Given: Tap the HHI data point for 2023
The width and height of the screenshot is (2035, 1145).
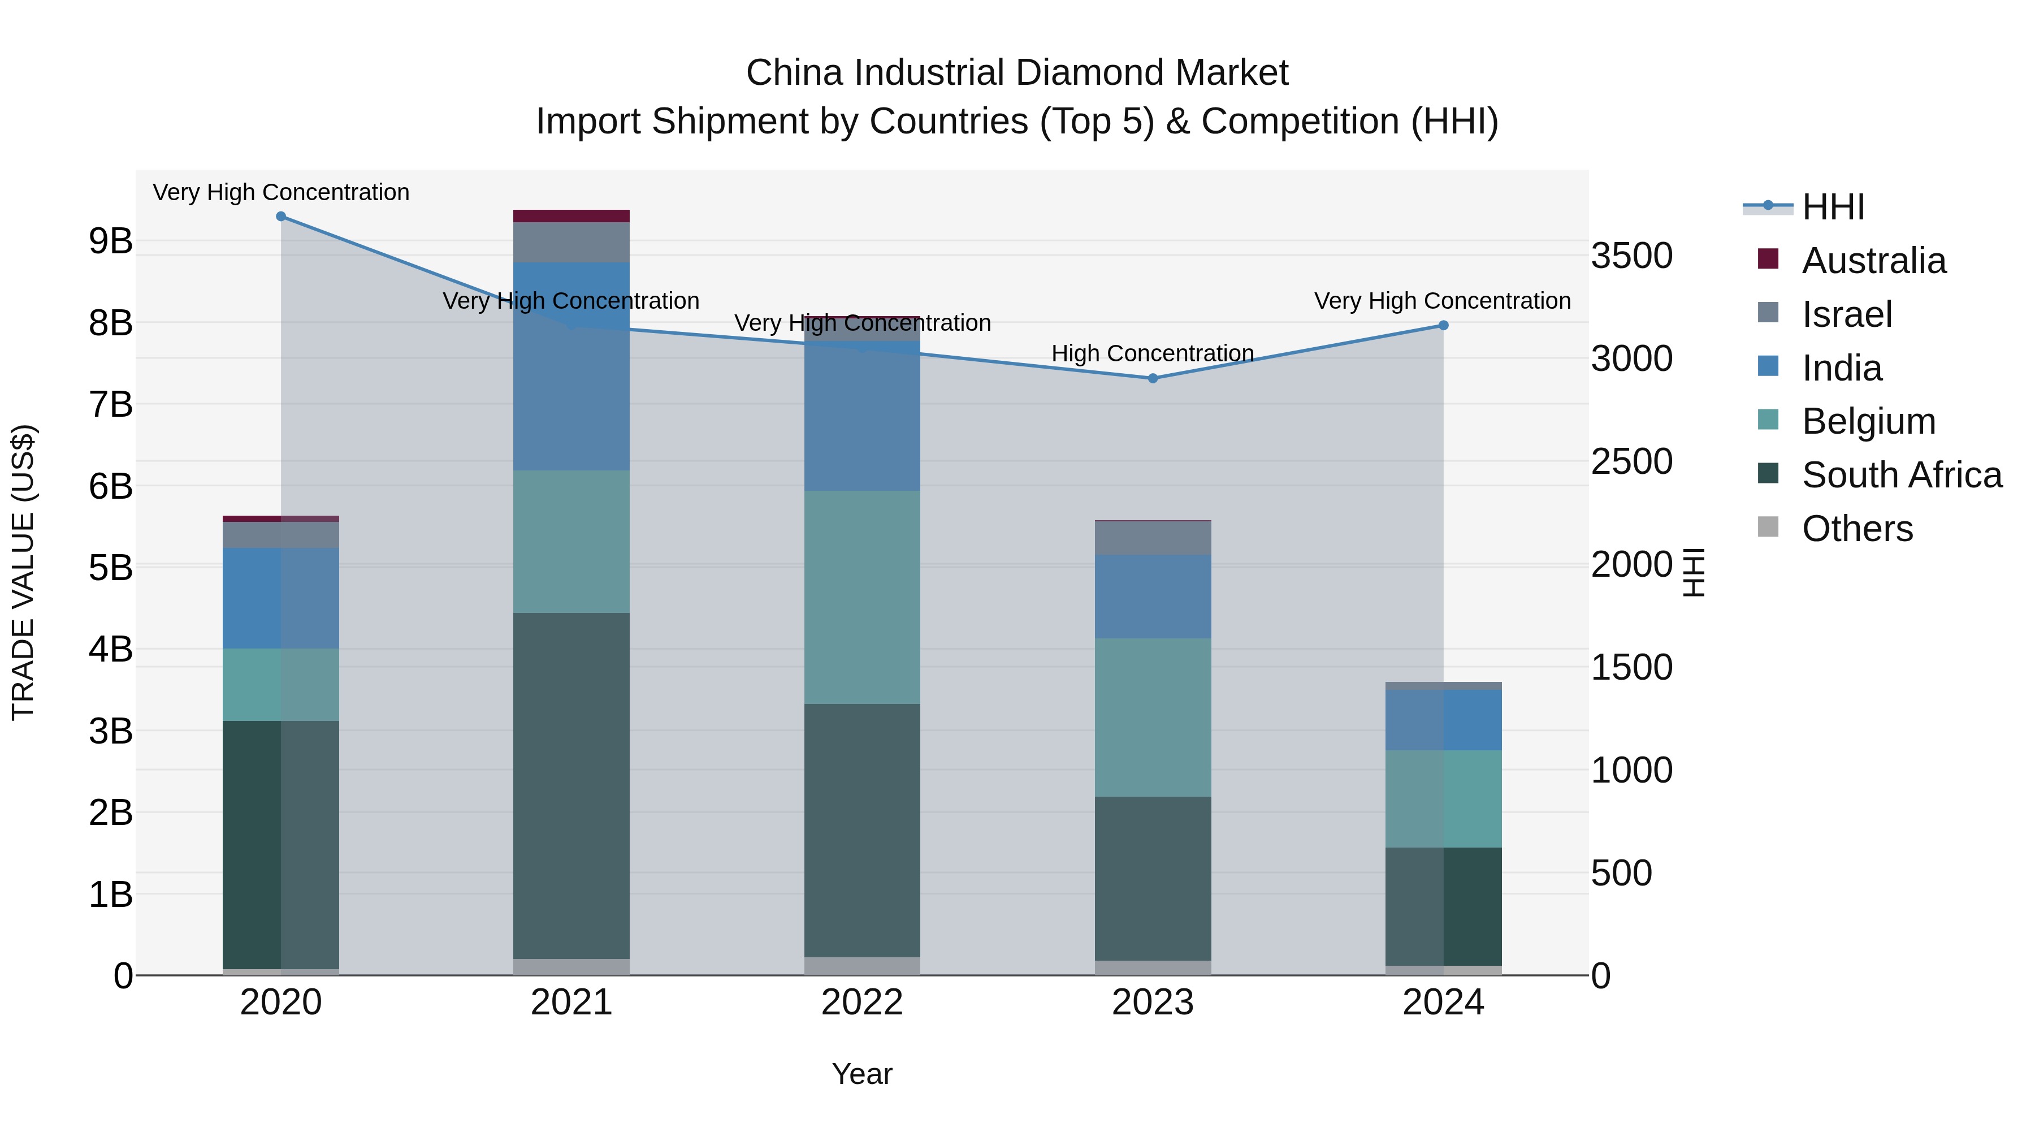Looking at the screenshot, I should [1153, 378].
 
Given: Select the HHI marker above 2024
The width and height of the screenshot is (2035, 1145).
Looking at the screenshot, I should [1443, 326].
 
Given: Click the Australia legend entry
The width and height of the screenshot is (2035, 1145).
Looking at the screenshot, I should [1873, 261].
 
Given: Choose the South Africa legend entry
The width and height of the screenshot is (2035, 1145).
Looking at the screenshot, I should [1902, 475].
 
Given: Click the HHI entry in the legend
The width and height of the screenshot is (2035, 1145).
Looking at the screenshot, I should [1833, 207].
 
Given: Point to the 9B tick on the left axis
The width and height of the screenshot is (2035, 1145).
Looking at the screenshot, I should [111, 241].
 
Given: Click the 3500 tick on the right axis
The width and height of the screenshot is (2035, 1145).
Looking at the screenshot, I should [1631, 256].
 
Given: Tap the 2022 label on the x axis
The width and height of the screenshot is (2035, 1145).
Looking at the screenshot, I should [862, 1003].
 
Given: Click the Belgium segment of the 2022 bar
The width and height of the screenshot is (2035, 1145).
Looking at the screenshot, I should [862, 598].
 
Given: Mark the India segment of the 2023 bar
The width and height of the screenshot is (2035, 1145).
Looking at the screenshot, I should [1153, 597].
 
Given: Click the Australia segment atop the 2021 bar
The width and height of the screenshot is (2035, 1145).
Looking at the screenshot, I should [571, 216].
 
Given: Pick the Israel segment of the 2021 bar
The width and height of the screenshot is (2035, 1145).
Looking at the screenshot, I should [571, 243].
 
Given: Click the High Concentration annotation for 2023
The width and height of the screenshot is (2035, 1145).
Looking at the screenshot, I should [1153, 353].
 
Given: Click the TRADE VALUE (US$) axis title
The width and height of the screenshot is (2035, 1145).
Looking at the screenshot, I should [23, 572].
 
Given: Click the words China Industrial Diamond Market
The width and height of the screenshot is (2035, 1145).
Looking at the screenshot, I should [1017, 73].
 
